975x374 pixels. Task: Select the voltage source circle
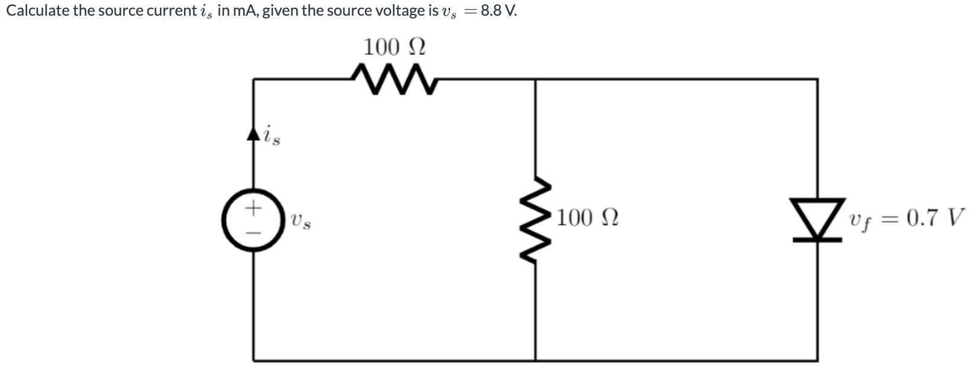(253, 221)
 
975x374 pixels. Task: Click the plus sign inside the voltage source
(254, 209)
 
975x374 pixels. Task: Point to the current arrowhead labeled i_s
(253, 134)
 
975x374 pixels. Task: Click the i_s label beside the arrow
(271, 135)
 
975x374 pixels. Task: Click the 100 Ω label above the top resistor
(394, 46)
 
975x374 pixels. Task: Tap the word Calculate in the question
(37, 11)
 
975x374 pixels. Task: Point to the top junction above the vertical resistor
(535, 78)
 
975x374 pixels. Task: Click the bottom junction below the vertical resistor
(535, 360)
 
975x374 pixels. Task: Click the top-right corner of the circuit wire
(818, 78)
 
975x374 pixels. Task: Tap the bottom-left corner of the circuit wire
(253, 360)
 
